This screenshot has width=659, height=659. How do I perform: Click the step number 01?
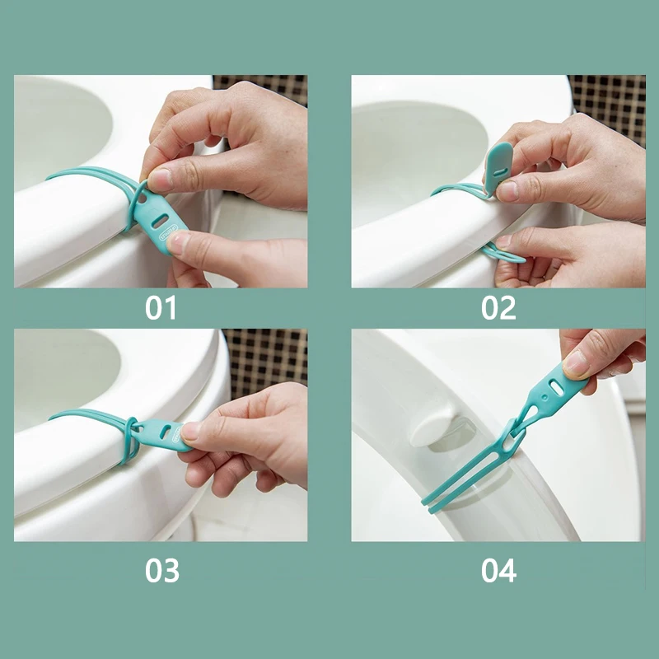(x=161, y=308)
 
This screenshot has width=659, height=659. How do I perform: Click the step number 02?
(x=498, y=308)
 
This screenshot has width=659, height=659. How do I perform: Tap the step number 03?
(x=162, y=570)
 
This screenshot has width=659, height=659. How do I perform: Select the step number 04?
(x=499, y=570)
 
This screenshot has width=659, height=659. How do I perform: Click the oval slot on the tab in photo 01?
(x=160, y=221)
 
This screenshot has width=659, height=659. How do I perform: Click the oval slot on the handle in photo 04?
(x=556, y=387)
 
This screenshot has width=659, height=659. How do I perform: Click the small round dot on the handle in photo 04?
(x=545, y=397)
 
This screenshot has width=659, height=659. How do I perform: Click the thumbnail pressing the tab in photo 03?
(x=189, y=431)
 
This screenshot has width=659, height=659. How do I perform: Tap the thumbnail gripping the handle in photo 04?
(x=575, y=362)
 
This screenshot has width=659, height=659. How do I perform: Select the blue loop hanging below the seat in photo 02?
(x=502, y=254)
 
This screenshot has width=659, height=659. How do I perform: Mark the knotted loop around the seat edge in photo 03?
(x=131, y=439)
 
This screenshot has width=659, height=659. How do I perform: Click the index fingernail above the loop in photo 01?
(x=158, y=180)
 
